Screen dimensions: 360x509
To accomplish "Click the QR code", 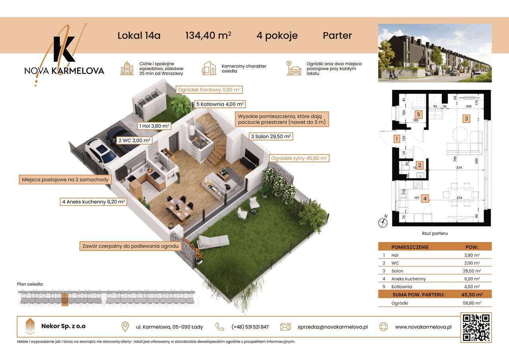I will click(x=476, y=327).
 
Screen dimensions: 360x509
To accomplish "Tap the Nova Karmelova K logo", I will click(x=64, y=50).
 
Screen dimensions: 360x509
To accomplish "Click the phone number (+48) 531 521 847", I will click(x=250, y=327).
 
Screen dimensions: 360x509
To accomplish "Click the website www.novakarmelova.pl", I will click(x=423, y=327).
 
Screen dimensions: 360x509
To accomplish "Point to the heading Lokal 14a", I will click(x=139, y=36).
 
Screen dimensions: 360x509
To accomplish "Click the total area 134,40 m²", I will click(x=208, y=36).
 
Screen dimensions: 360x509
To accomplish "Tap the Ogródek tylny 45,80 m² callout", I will click(x=299, y=158).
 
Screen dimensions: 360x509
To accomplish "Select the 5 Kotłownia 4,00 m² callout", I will click(x=220, y=104).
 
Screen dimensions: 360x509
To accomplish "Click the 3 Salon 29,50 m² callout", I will click(x=270, y=136).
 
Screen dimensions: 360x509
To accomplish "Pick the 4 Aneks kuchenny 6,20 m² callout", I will click(x=93, y=202).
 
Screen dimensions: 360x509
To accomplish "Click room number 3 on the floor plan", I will click(x=466, y=118).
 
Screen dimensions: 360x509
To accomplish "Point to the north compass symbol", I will click(x=384, y=222).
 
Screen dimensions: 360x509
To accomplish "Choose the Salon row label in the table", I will click(x=397, y=271).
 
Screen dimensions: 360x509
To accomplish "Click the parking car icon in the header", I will click(x=294, y=68).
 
